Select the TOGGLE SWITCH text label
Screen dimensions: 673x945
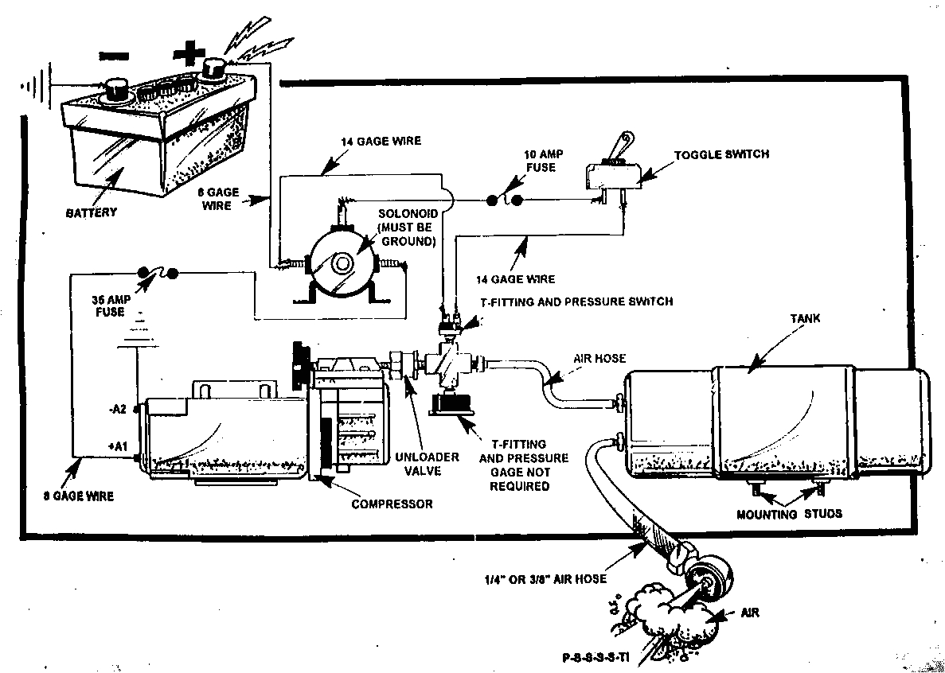[721, 154]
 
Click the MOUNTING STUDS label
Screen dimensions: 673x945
[788, 514]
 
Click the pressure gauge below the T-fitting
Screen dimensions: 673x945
[450, 405]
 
